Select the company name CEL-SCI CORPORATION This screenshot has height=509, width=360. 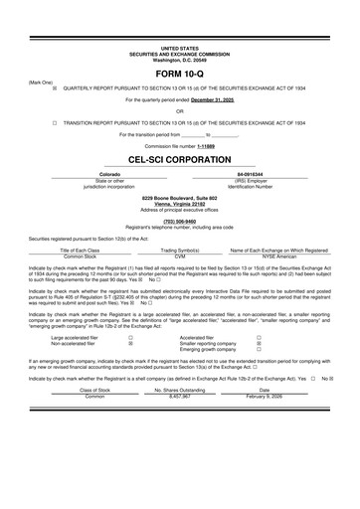pyautogui.click(x=179, y=159)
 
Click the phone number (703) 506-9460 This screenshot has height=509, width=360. pyautogui.click(x=179, y=221)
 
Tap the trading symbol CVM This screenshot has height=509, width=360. pyautogui.click(x=181, y=255)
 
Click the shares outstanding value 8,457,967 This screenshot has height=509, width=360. pyautogui.click(x=179, y=395)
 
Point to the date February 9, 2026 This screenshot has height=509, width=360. pyautogui.click(x=264, y=395)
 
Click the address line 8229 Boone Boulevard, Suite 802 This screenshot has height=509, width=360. pyautogui.click(x=179, y=199)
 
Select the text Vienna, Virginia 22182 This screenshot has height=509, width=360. pyautogui.click(x=179, y=205)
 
